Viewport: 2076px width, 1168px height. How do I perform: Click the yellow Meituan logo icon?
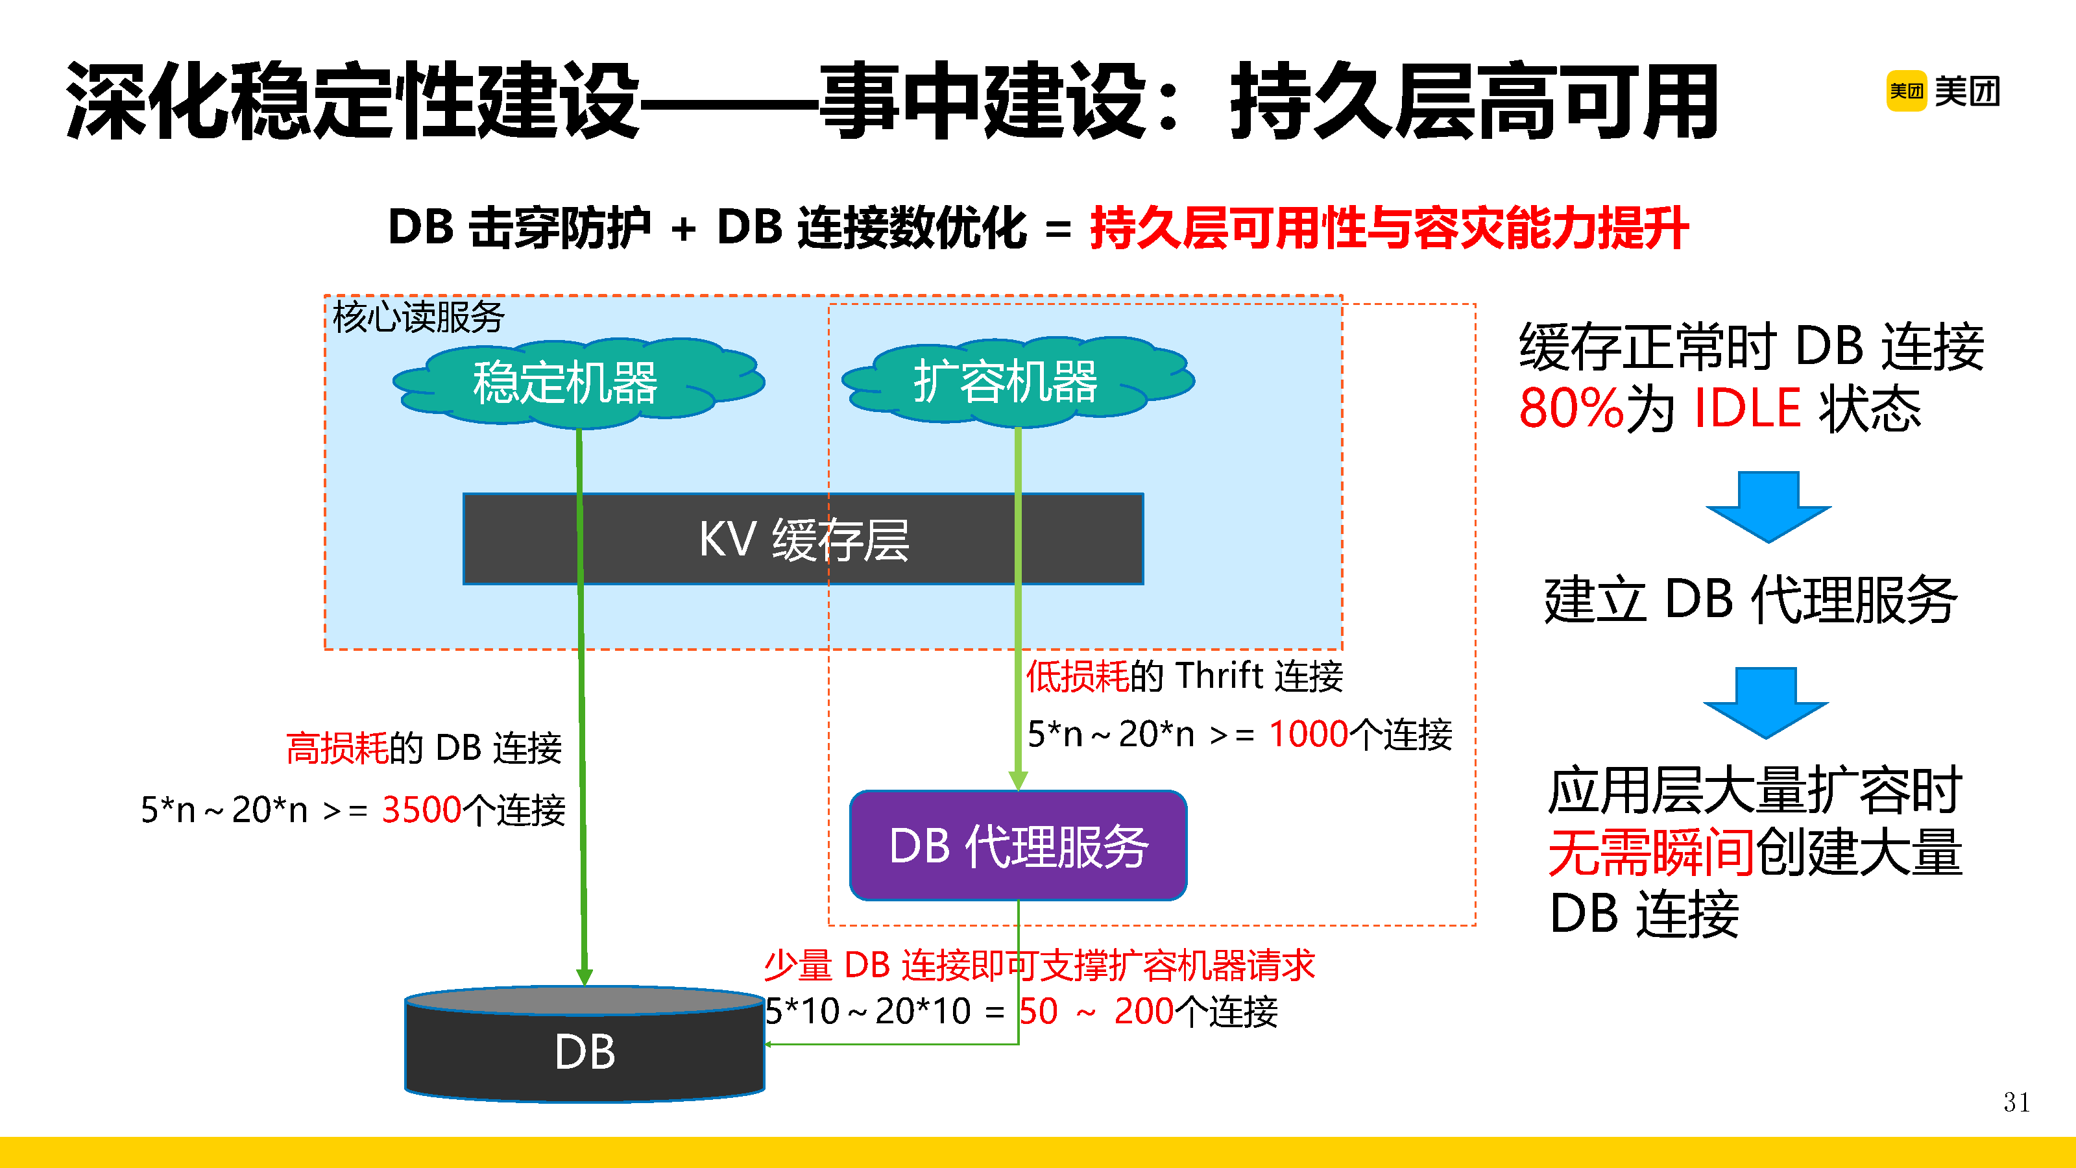pos(1905,91)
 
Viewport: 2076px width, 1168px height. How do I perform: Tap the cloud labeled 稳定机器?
pos(564,382)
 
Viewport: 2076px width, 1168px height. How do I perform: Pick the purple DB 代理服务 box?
pos(1018,846)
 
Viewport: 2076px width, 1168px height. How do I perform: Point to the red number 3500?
pos(420,809)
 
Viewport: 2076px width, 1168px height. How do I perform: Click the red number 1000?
pos(1308,733)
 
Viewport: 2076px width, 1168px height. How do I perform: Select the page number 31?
pos(2016,1102)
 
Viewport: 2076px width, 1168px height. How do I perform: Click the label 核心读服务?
pos(417,317)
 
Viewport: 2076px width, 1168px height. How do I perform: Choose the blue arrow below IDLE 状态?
pos(1768,505)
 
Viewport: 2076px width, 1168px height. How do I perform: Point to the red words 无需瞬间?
pos(1650,853)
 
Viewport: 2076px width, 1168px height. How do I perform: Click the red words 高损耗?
pos(337,748)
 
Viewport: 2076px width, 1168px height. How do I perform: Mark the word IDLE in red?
pos(1747,408)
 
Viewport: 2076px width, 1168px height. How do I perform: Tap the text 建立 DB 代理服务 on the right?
pos(1750,600)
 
